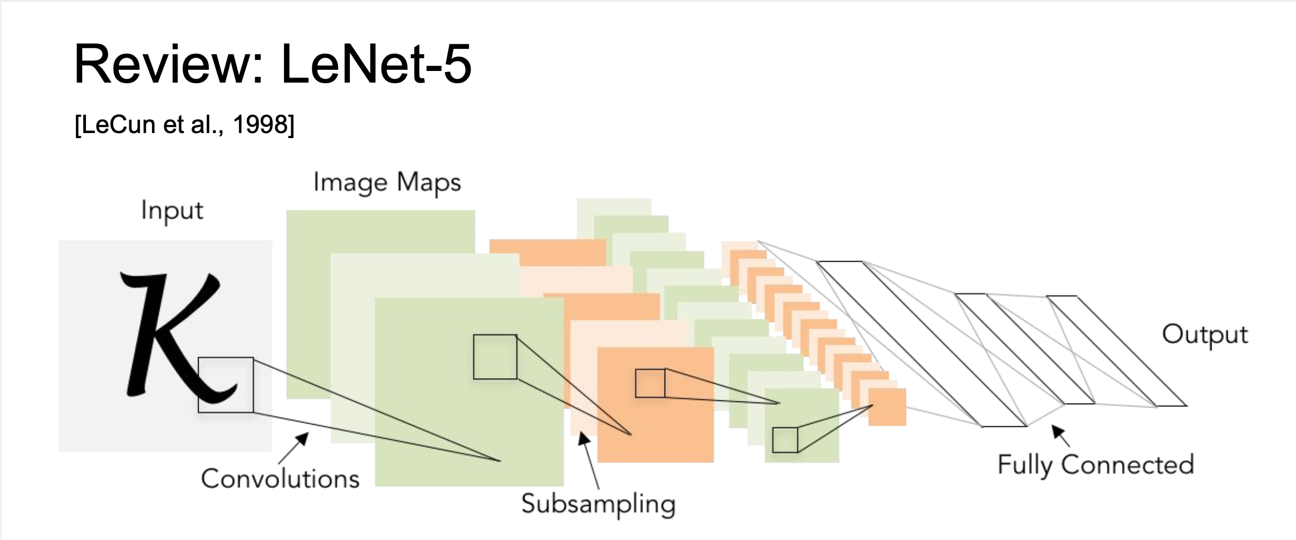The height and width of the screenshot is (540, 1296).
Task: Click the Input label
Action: [x=172, y=211]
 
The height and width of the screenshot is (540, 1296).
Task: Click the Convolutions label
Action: [x=280, y=478]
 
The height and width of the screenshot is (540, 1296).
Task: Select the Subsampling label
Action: [x=598, y=504]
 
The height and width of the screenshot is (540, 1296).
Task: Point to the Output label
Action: [x=1204, y=334]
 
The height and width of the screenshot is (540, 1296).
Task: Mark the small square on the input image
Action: [x=226, y=385]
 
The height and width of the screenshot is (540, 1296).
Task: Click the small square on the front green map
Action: [x=495, y=357]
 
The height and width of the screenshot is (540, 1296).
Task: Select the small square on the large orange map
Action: [x=650, y=383]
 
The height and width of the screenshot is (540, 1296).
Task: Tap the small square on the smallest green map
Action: [x=785, y=440]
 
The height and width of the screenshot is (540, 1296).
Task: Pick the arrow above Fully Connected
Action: [x=1060, y=435]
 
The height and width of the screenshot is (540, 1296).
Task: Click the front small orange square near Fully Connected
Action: [x=887, y=407]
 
